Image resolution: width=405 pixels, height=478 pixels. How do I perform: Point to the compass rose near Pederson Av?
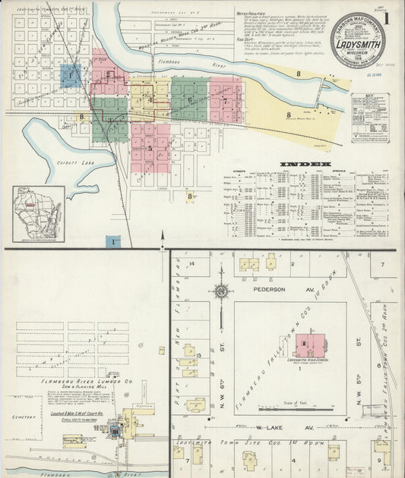click(221, 290)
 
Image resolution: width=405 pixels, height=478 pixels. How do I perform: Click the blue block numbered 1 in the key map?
click(71, 75)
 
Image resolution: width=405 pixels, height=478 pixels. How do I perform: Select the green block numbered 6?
click(189, 99)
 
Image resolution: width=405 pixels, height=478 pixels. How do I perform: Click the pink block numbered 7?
click(226, 99)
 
